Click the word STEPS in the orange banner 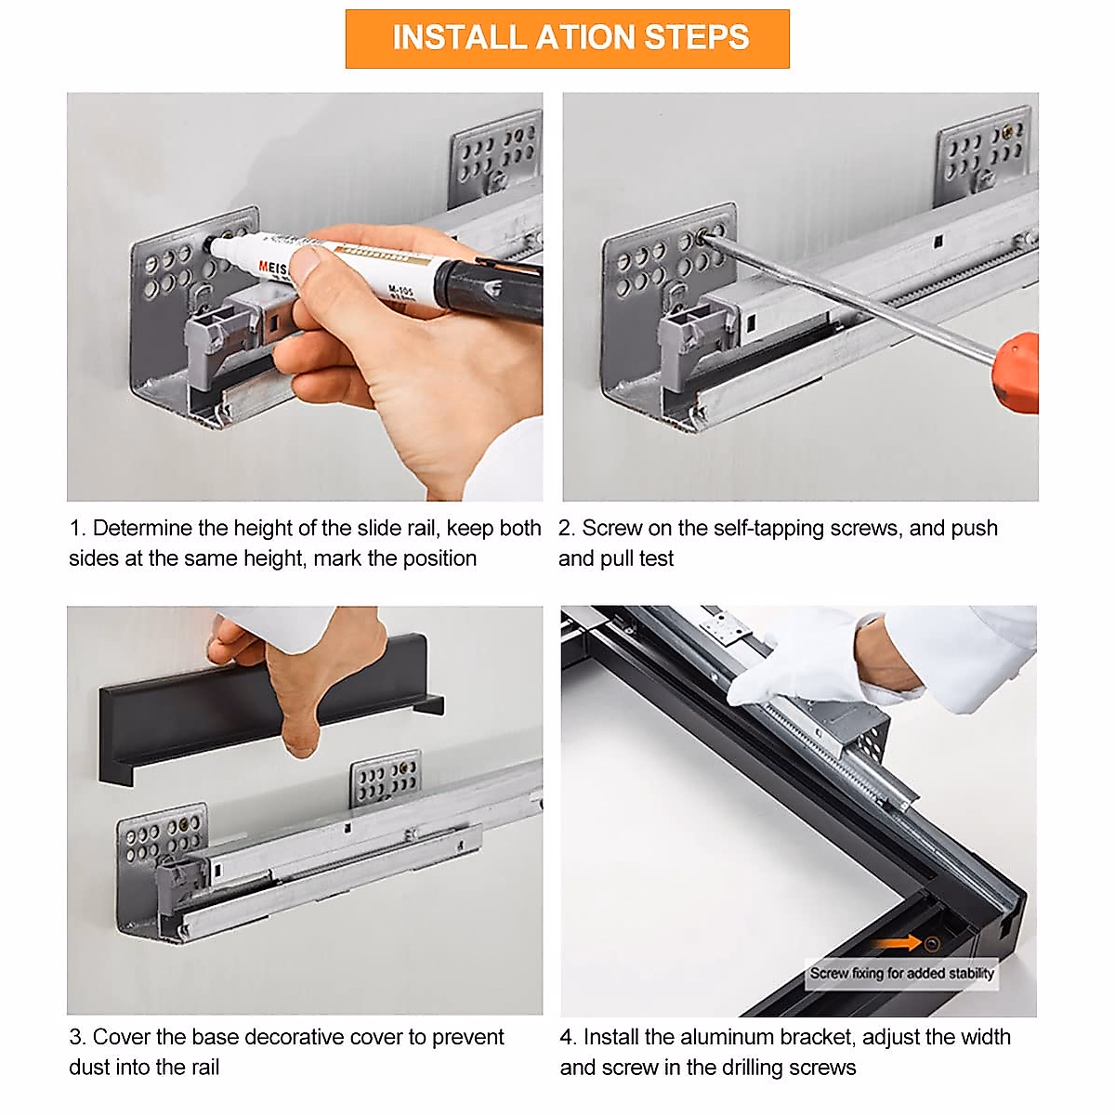click(x=696, y=37)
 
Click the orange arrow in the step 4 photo click(x=897, y=943)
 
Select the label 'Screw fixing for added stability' click(x=901, y=973)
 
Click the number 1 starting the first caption click(x=74, y=529)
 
